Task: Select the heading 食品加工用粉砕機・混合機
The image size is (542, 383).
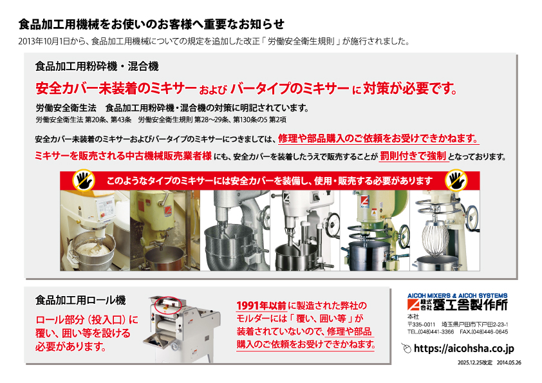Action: click(97, 66)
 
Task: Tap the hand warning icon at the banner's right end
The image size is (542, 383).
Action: click(456, 180)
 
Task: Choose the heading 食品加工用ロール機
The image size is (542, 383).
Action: click(80, 300)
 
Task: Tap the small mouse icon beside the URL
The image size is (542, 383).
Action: click(406, 348)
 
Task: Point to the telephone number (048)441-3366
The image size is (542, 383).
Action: click(431, 332)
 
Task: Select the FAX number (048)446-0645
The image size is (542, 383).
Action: click(483, 332)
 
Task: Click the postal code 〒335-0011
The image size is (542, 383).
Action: click(421, 324)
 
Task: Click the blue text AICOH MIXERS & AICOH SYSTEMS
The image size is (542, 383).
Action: click(458, 295)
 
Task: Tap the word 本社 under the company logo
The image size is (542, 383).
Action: click(413, 317)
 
